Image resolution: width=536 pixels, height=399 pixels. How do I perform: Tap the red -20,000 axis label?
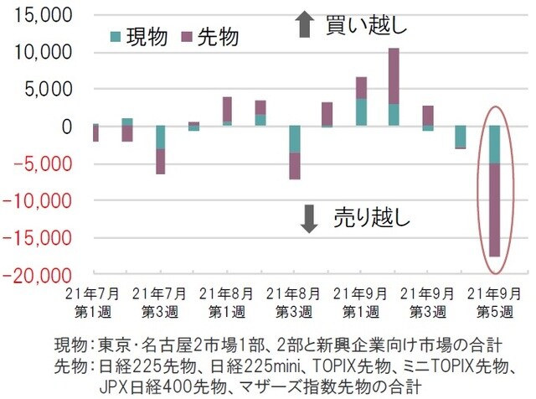click(39, 275)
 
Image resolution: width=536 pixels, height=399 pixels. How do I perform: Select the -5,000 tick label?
click(41, 163)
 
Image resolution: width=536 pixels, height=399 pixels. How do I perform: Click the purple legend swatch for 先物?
click(185, 37)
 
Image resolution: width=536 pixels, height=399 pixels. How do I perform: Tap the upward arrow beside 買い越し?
click(305, 26)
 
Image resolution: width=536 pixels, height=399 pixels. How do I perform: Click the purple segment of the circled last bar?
click(494, 210)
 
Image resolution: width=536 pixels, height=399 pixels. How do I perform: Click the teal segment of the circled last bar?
click(494, 144)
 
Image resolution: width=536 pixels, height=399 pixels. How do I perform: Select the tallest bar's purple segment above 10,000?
click(394, 75)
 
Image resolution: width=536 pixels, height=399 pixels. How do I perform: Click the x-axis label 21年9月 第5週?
click(496, 303)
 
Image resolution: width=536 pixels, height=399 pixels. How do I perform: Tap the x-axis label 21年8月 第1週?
click(227, 303)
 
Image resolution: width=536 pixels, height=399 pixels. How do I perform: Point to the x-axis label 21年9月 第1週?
click(361, 303)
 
